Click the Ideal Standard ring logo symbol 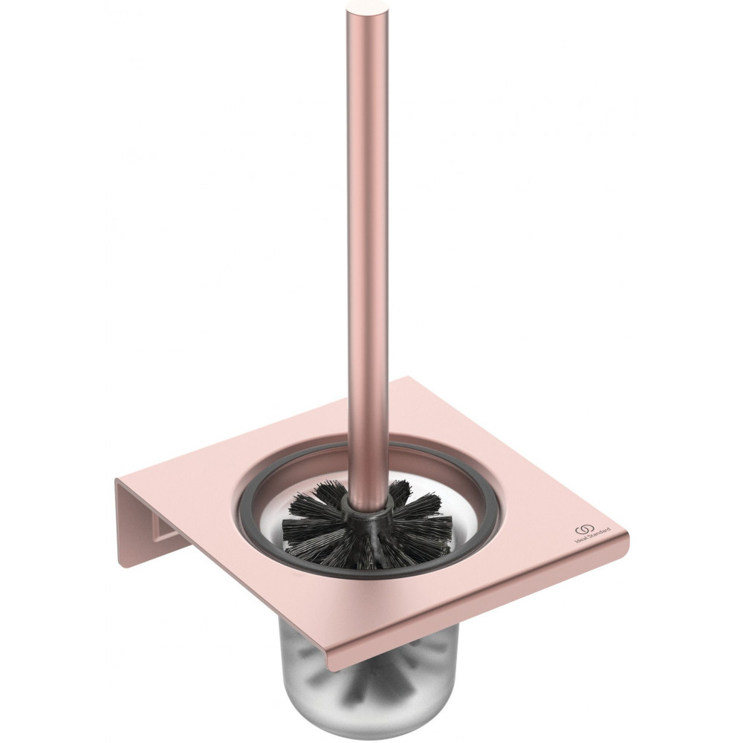pyautogui.click(x=582, y=531)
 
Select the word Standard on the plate pyautogui.click(x=597, y=533)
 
